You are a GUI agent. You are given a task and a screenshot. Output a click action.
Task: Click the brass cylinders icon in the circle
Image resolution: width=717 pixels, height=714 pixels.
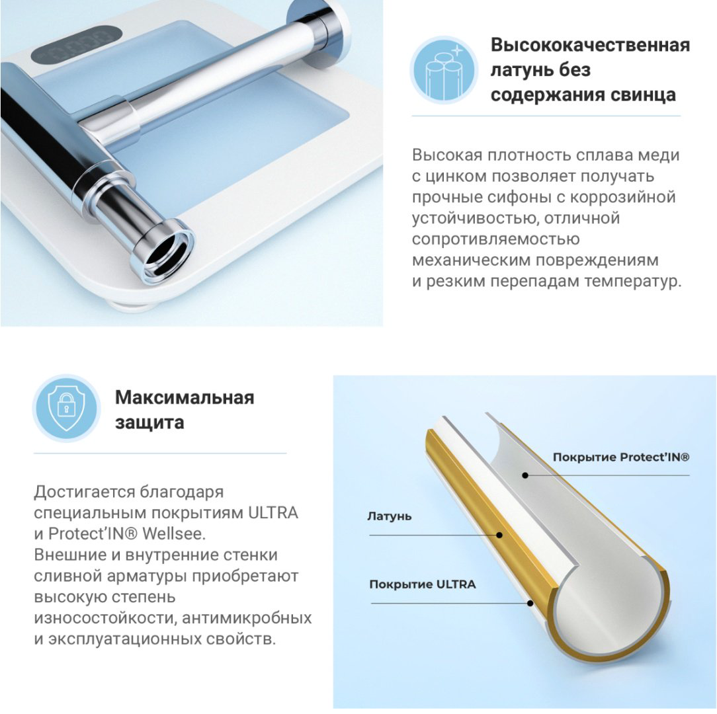444,71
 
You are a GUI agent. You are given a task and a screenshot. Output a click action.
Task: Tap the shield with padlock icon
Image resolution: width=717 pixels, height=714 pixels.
67,408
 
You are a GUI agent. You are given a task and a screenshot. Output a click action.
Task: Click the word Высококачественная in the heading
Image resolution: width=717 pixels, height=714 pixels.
590,45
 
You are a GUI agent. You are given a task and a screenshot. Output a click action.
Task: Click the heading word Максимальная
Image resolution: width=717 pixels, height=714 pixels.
185,397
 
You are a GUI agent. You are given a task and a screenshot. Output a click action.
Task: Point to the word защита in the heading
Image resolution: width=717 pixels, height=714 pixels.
149,422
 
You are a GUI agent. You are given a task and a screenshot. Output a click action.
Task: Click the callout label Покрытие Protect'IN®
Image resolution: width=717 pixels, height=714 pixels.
620,457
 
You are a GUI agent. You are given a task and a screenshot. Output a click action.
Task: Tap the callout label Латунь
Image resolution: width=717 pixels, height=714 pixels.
389,516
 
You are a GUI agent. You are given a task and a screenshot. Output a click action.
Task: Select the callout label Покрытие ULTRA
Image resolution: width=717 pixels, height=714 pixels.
423,584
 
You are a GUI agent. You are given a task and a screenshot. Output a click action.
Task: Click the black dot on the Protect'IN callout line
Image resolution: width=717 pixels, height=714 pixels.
525,475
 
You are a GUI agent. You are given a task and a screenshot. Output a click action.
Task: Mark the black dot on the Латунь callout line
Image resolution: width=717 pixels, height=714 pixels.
500,535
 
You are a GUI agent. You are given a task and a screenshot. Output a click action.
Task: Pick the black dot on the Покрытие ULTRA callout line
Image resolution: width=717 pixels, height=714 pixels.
530,604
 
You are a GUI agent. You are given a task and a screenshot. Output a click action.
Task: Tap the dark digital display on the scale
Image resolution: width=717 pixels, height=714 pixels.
76,44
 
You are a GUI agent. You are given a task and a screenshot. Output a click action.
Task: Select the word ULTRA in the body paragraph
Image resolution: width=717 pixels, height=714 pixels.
273,513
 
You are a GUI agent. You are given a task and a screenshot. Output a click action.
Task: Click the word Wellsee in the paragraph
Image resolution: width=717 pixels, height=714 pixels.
173,534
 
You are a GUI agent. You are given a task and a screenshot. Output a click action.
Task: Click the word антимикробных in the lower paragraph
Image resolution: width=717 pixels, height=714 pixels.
247,618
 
